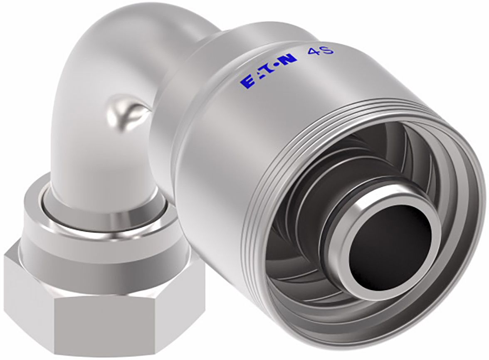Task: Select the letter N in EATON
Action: (290, 59)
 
